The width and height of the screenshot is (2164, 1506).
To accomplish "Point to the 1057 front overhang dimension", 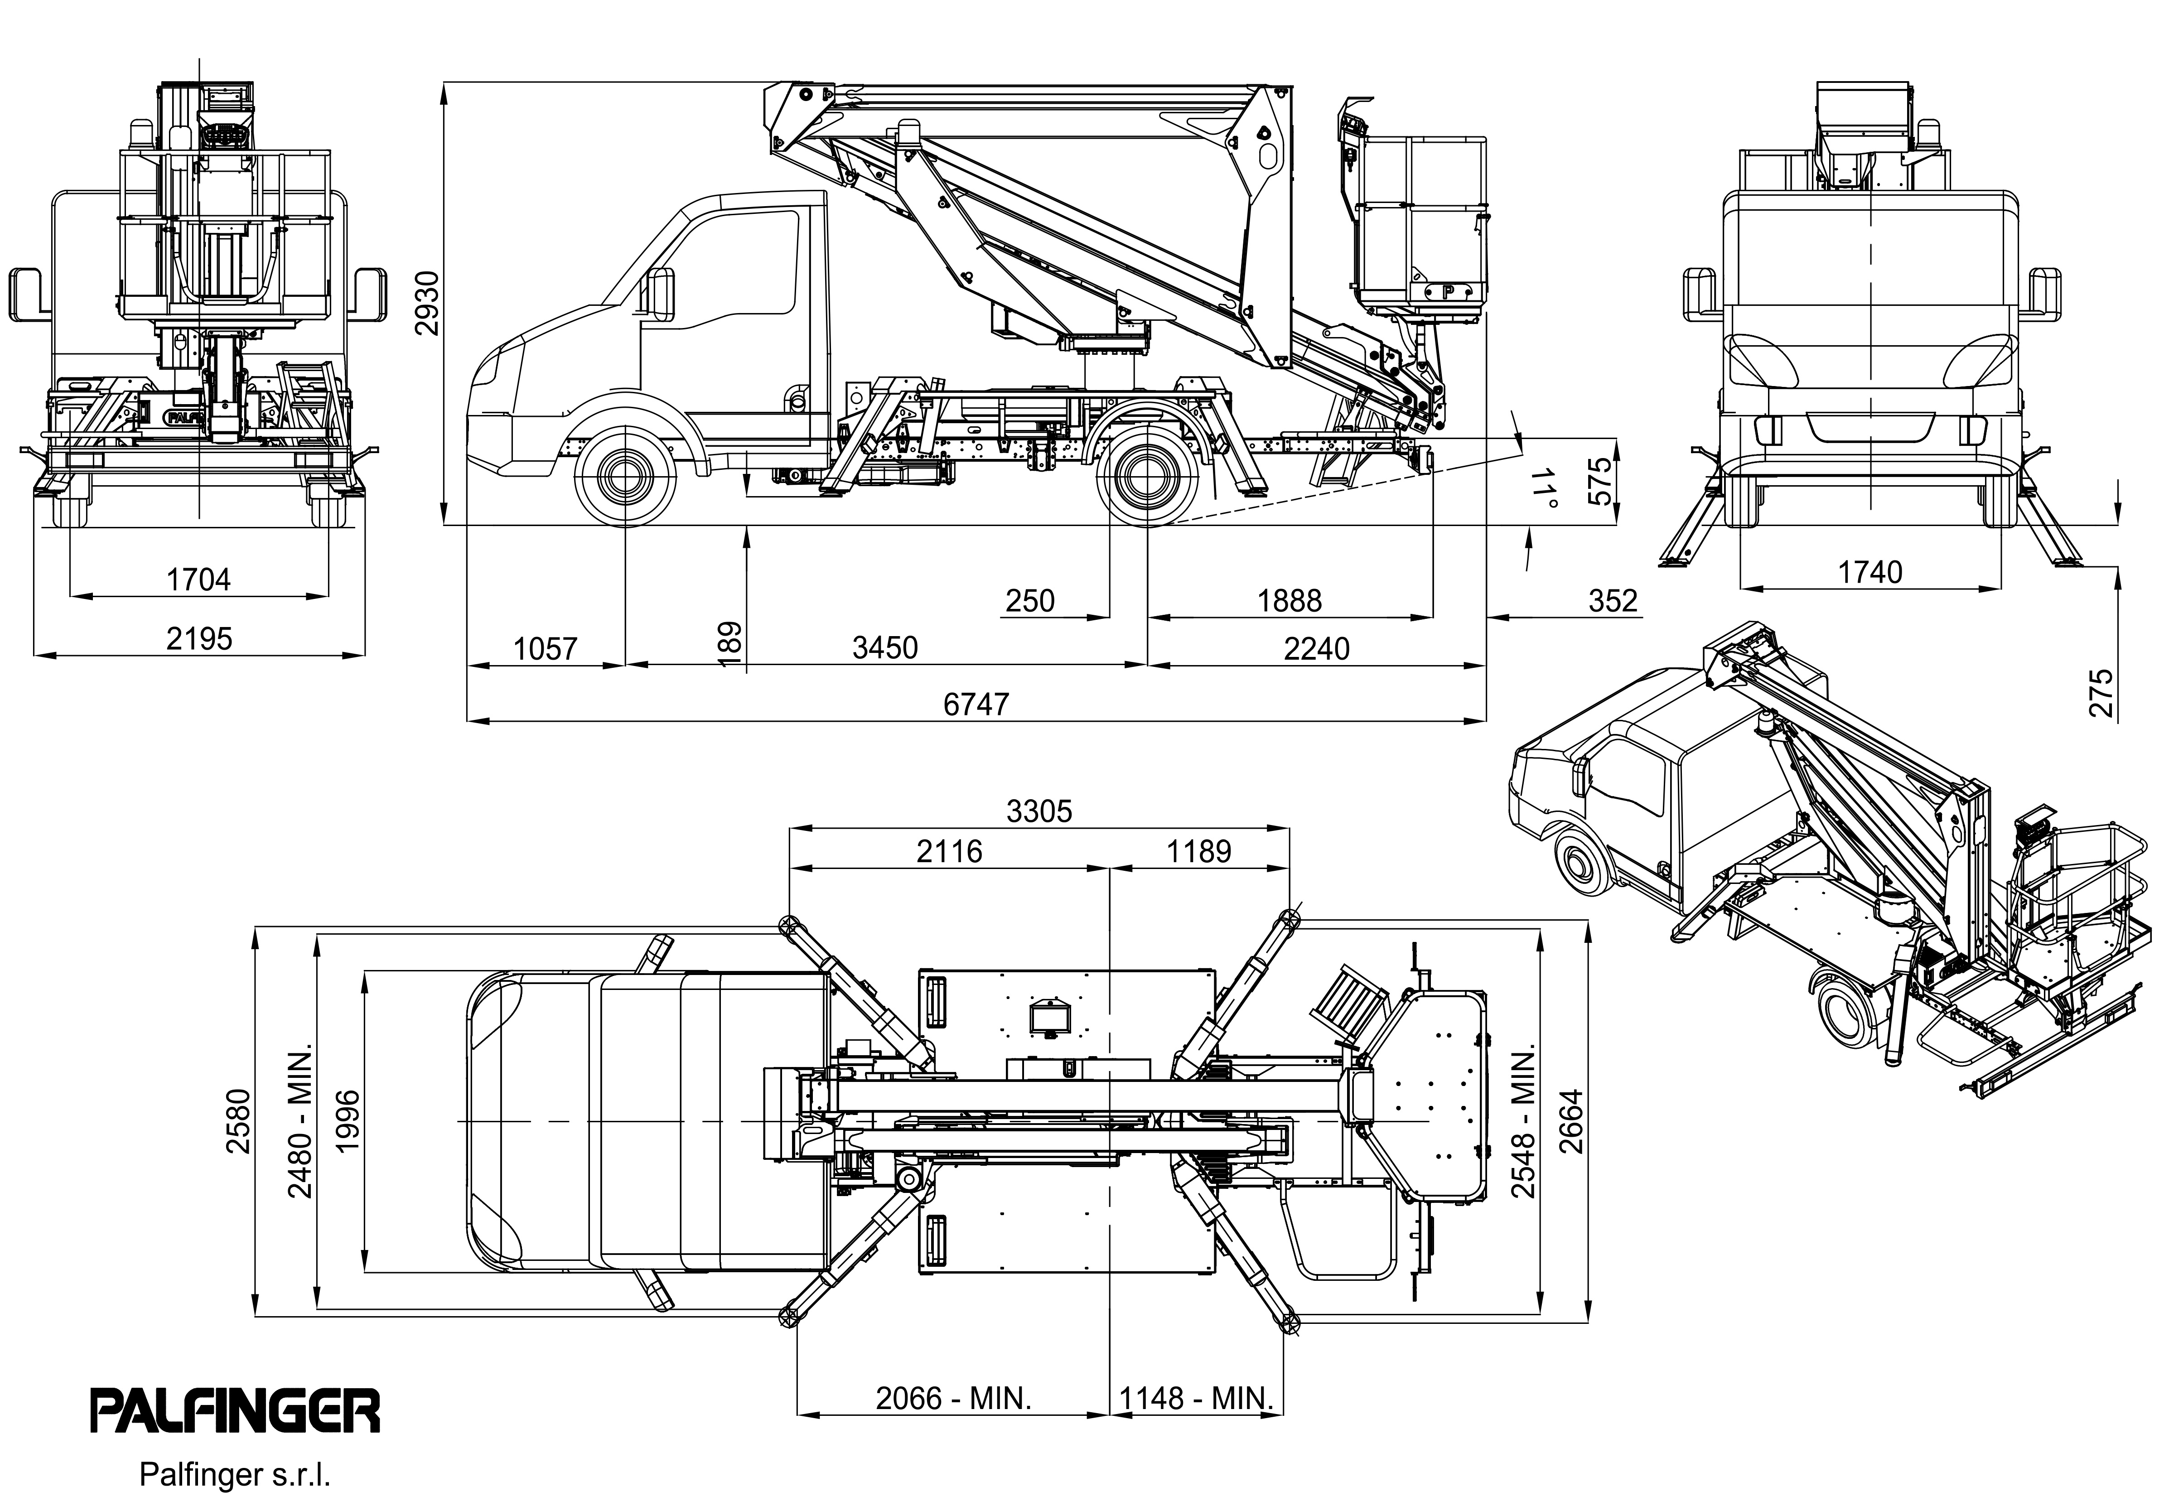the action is pyautogui.click(x=546, y=648).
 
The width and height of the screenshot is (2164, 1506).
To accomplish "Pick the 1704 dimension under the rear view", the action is pyautogui.click(x=199, y=579).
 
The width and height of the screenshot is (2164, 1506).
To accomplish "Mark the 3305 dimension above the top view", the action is pyautogui.click(x=1039, y=811).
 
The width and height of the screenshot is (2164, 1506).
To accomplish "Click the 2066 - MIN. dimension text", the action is pyautogui.click(x=954, y=1398).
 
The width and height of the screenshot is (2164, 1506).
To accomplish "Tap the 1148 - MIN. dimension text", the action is pyautogui.click(x=1197, y=1398).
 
